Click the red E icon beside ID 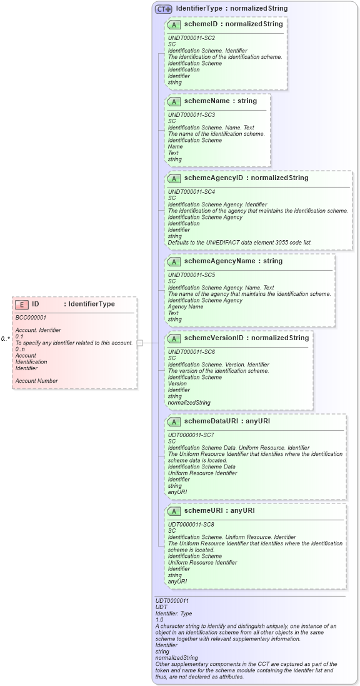(22, 305)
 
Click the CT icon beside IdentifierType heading (164, 9)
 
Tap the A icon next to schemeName (175, 101)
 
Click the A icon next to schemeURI (175, 511)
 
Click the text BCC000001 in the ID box (31, 318)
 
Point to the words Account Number (36, 381)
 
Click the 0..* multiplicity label (5, 338)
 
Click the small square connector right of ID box (140, 343)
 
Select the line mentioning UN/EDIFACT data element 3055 (239, 243)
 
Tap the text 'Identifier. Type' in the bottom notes (174, 613)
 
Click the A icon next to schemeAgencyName (175, 261)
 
